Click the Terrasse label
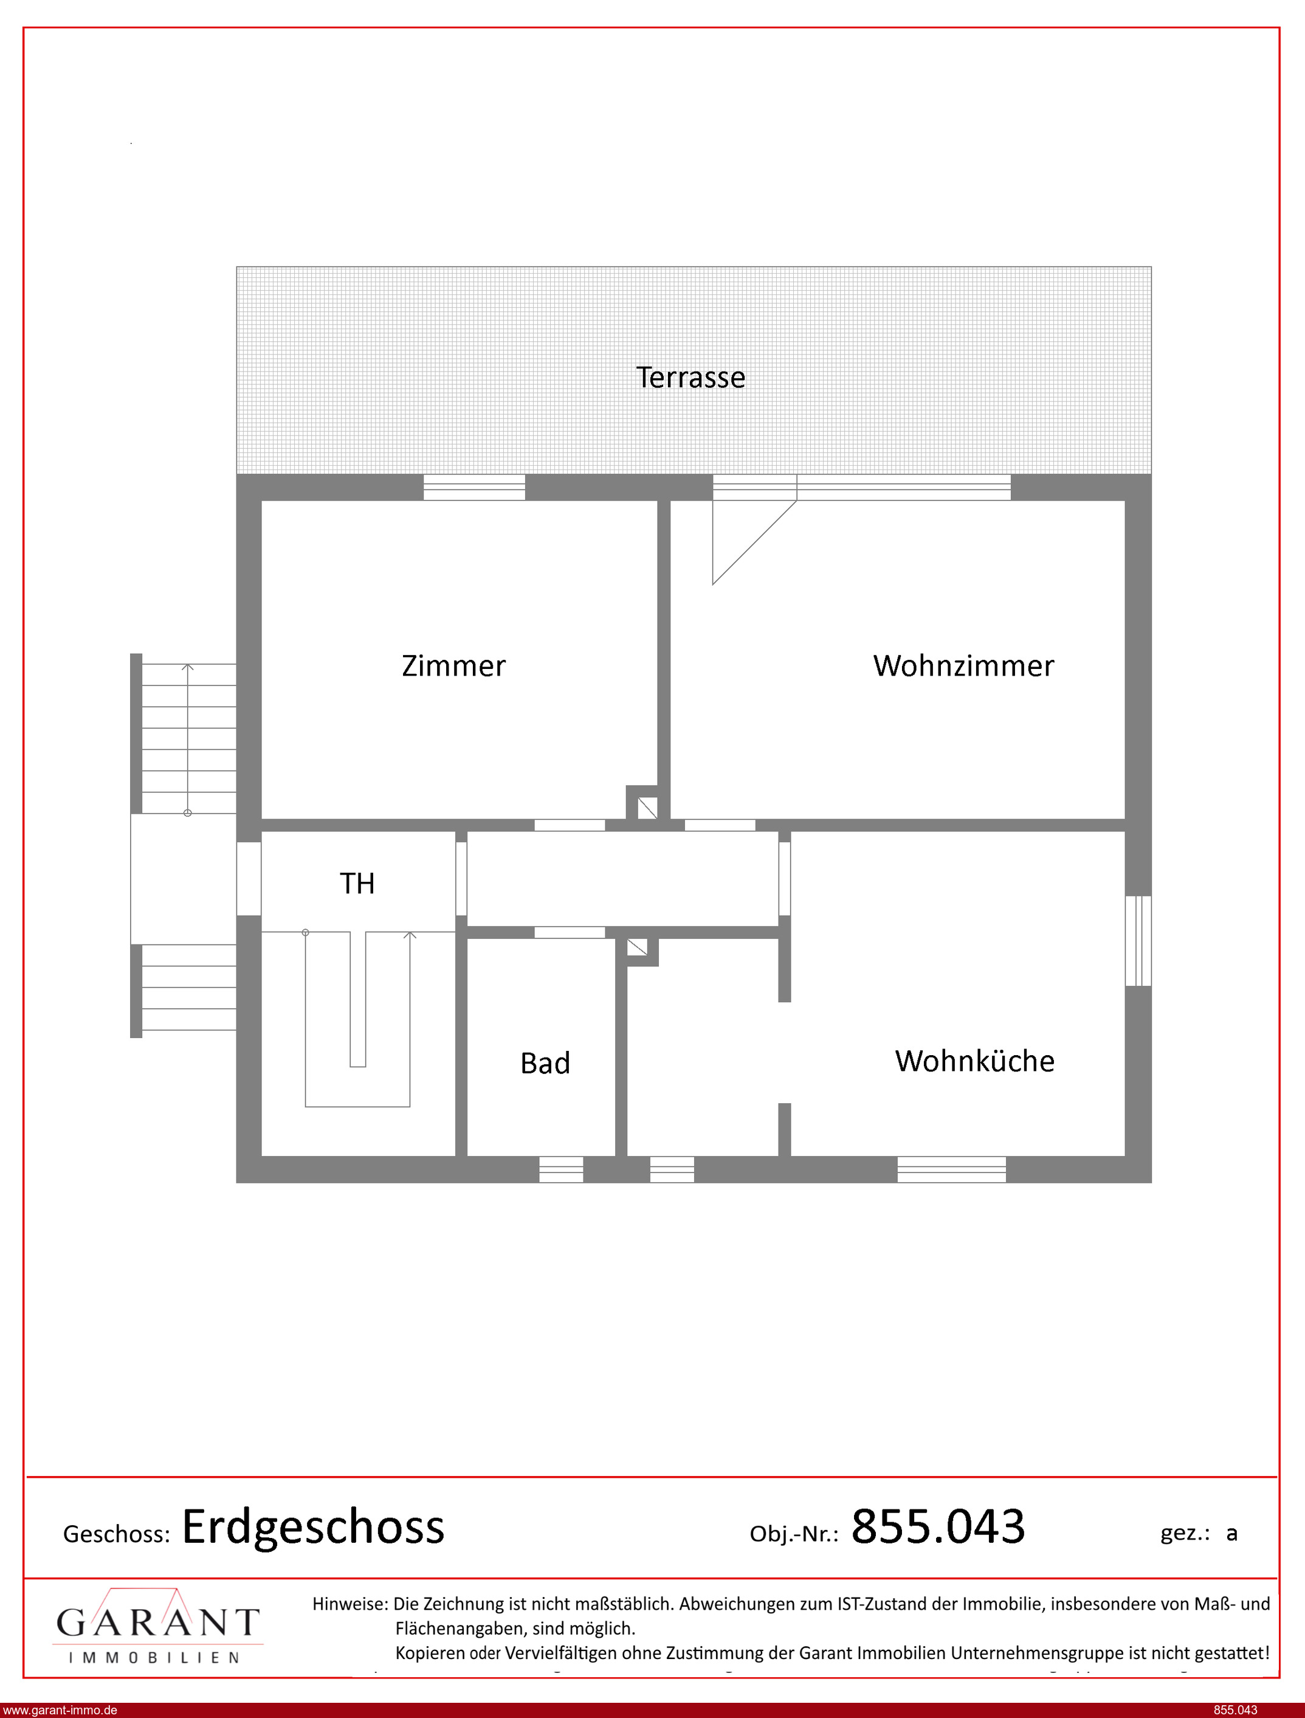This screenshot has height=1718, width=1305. [x=690, y=378]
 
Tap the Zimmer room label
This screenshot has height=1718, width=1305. [x=453, y=666]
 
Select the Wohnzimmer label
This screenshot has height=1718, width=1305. [x=964, y=666]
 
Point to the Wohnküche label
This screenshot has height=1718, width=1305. [x=975, y=1061]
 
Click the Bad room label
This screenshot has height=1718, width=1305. [x=545, y=1063]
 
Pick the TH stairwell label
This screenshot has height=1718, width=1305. [x=357, y=884]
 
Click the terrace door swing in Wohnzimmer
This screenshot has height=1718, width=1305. [x=754, y=542]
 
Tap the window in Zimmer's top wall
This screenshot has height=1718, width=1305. [x=474, y=487]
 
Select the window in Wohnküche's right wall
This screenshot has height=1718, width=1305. [x=1138, y=941]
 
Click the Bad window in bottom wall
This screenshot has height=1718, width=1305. [x=561, y=1169]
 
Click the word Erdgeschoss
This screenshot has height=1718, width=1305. [x=313, y=1527]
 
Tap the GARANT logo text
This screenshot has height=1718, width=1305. [x=157, y=1623]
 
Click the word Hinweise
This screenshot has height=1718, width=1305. [x=349, y=1603]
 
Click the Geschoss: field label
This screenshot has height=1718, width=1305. [x=117, y=1534]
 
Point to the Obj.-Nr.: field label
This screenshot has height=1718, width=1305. [x=794, y=1534]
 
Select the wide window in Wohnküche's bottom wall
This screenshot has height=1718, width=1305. [x=952, y=1169]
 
